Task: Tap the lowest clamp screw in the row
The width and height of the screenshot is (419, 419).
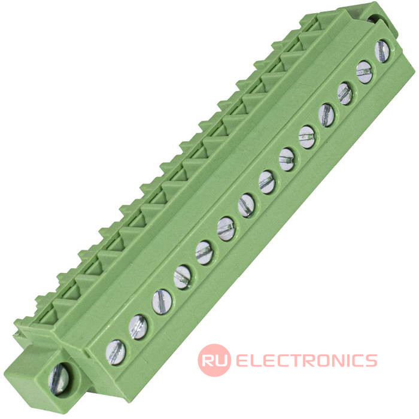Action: tap(116, 353)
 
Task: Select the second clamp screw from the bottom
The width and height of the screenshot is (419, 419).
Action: tap(138, 327)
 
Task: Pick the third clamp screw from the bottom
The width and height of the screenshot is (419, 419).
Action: tap(162, 302)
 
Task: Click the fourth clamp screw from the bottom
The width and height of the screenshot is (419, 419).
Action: tap(182, 277)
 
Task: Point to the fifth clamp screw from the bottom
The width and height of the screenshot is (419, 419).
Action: tap(205, 253)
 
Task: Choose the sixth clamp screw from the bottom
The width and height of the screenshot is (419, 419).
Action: tap(226, 229)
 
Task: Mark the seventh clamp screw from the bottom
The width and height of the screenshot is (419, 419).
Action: tap(247, 206)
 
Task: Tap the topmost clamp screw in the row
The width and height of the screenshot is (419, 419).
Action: tap(382, 51)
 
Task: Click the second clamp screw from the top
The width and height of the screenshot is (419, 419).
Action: tap(364, 72)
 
